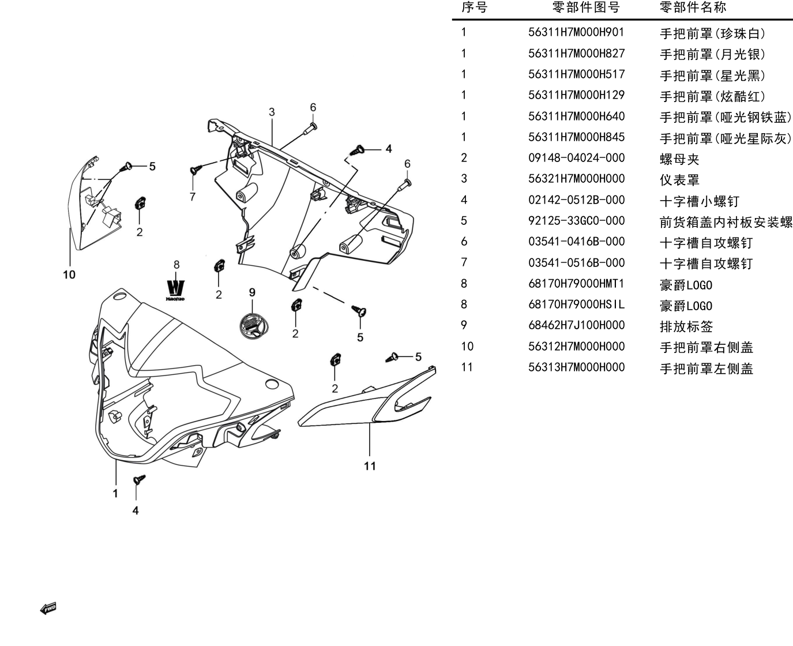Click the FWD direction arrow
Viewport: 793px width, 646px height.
pyautogui.click(x=48, y=609)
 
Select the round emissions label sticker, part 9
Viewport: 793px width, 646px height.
pyautogui.click(x=254, y=326)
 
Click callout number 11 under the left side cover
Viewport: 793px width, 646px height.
pyautogui.click(x=370, y=466)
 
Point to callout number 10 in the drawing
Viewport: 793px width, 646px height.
pyautogui.click(x=69, y=275)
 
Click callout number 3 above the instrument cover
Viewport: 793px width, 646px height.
pyautogui.click(x=272, y=112)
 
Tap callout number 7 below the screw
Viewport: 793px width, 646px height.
pyautogui.click(x=193, y=197)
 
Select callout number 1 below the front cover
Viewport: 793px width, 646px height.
pyautogui.click(x=115, y=493)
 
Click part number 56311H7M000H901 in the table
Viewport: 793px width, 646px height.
pyautogui.click(x=576, y=32)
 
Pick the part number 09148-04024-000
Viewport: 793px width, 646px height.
pyautogui.click(x=576, y=158)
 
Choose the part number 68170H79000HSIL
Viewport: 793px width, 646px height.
pyautogui.click(x=576, y=304)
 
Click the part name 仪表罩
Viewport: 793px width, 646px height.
pyautogui.click(x=679, y=180)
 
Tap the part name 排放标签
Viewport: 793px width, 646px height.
pyautogui.click(x=686, y=326)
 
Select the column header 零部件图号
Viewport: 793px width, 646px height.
pyautogui.click(x=586, y=7)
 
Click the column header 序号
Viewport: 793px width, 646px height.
pyautogui.click(x=474, y=7)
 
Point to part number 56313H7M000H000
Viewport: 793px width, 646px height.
pyautogui.click(x=576, y=367)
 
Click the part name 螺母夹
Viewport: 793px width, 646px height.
pyautogui.click(x=679, y=159)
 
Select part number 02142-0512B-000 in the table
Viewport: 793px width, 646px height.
pyautogui.click(x=576, y=200)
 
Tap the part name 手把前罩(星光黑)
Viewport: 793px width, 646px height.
pyautogui.click(x=713, y=76)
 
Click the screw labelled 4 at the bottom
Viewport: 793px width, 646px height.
pyautogui.click(x=139, y=479)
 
